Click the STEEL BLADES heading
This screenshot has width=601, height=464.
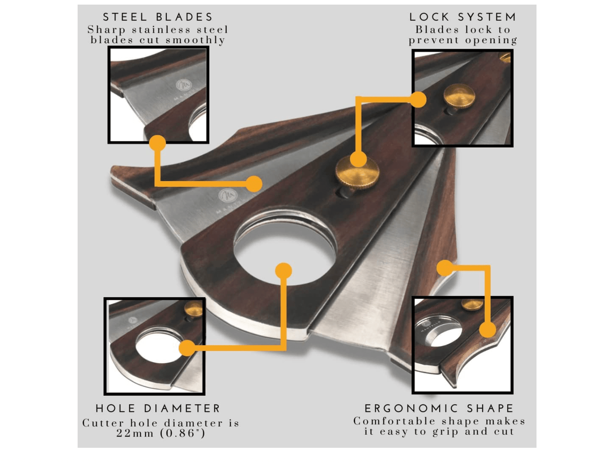click(158, 17)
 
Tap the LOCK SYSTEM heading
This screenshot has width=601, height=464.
click(463, 17)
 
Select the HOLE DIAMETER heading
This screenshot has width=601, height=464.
click(158, 408)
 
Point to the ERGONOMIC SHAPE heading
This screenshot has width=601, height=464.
click(439, 408)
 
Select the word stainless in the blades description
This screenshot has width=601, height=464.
click(161, 30)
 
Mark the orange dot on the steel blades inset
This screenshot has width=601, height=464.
click(157, 143)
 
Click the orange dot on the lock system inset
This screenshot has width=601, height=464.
click(418, 99)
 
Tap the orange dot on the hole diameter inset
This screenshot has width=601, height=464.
click(187, 348)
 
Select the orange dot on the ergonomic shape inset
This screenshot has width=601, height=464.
click(487, 329)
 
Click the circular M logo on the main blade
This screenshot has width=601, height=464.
click(228, 196)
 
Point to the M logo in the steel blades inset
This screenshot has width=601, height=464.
click(184, 85)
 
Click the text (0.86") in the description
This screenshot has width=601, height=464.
click(183, 433)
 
